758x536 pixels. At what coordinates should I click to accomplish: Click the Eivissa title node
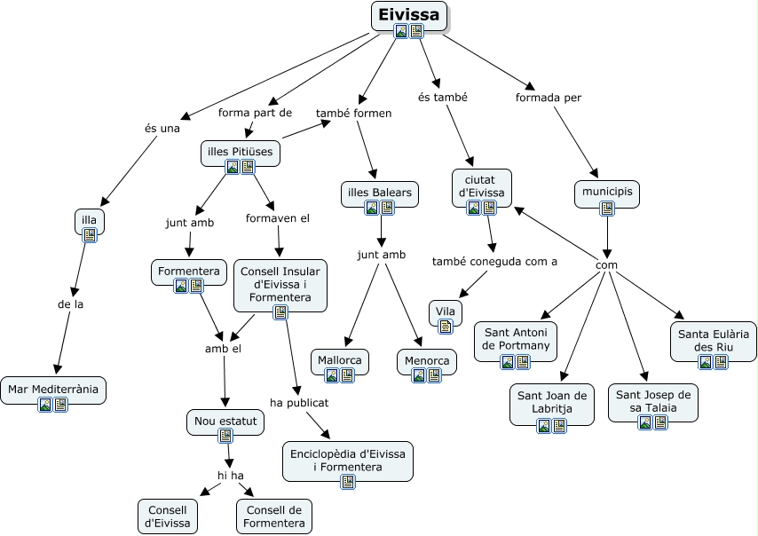[408, 15]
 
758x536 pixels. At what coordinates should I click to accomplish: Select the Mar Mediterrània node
[53, 389]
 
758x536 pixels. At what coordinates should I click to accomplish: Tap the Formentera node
[188, 271]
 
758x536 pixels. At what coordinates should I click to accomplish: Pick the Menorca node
[426, 361]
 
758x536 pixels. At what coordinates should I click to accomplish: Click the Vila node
[446, 312]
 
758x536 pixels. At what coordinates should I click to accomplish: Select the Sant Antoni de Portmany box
[516, 338]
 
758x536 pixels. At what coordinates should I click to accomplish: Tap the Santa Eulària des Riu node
[713, 338]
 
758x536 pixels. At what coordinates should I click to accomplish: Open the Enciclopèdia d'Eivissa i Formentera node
[347, 459]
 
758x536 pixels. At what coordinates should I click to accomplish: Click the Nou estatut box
[225, 421]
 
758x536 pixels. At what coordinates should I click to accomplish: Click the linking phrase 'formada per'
[549, 98]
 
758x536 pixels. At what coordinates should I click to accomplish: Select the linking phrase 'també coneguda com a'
[494, 261]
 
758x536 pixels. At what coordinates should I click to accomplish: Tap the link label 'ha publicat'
[299, 402]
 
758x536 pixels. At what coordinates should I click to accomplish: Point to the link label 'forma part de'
[256, 113]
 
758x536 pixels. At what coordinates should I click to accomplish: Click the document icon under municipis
[607, 209]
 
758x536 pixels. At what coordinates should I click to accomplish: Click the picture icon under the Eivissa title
[401, 31]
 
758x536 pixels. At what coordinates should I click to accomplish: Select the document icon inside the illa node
[89, 235]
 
